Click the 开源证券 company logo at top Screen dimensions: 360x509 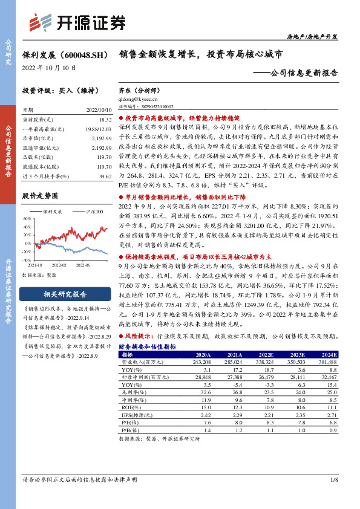click(x=78, y=22)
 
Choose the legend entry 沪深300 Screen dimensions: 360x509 click(x=91, y=212)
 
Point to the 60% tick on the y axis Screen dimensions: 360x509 click(x=28, y=218)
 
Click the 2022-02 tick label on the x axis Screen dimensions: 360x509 click(x=59, y=265)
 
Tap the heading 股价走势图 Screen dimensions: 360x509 click(x=39, y=196)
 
